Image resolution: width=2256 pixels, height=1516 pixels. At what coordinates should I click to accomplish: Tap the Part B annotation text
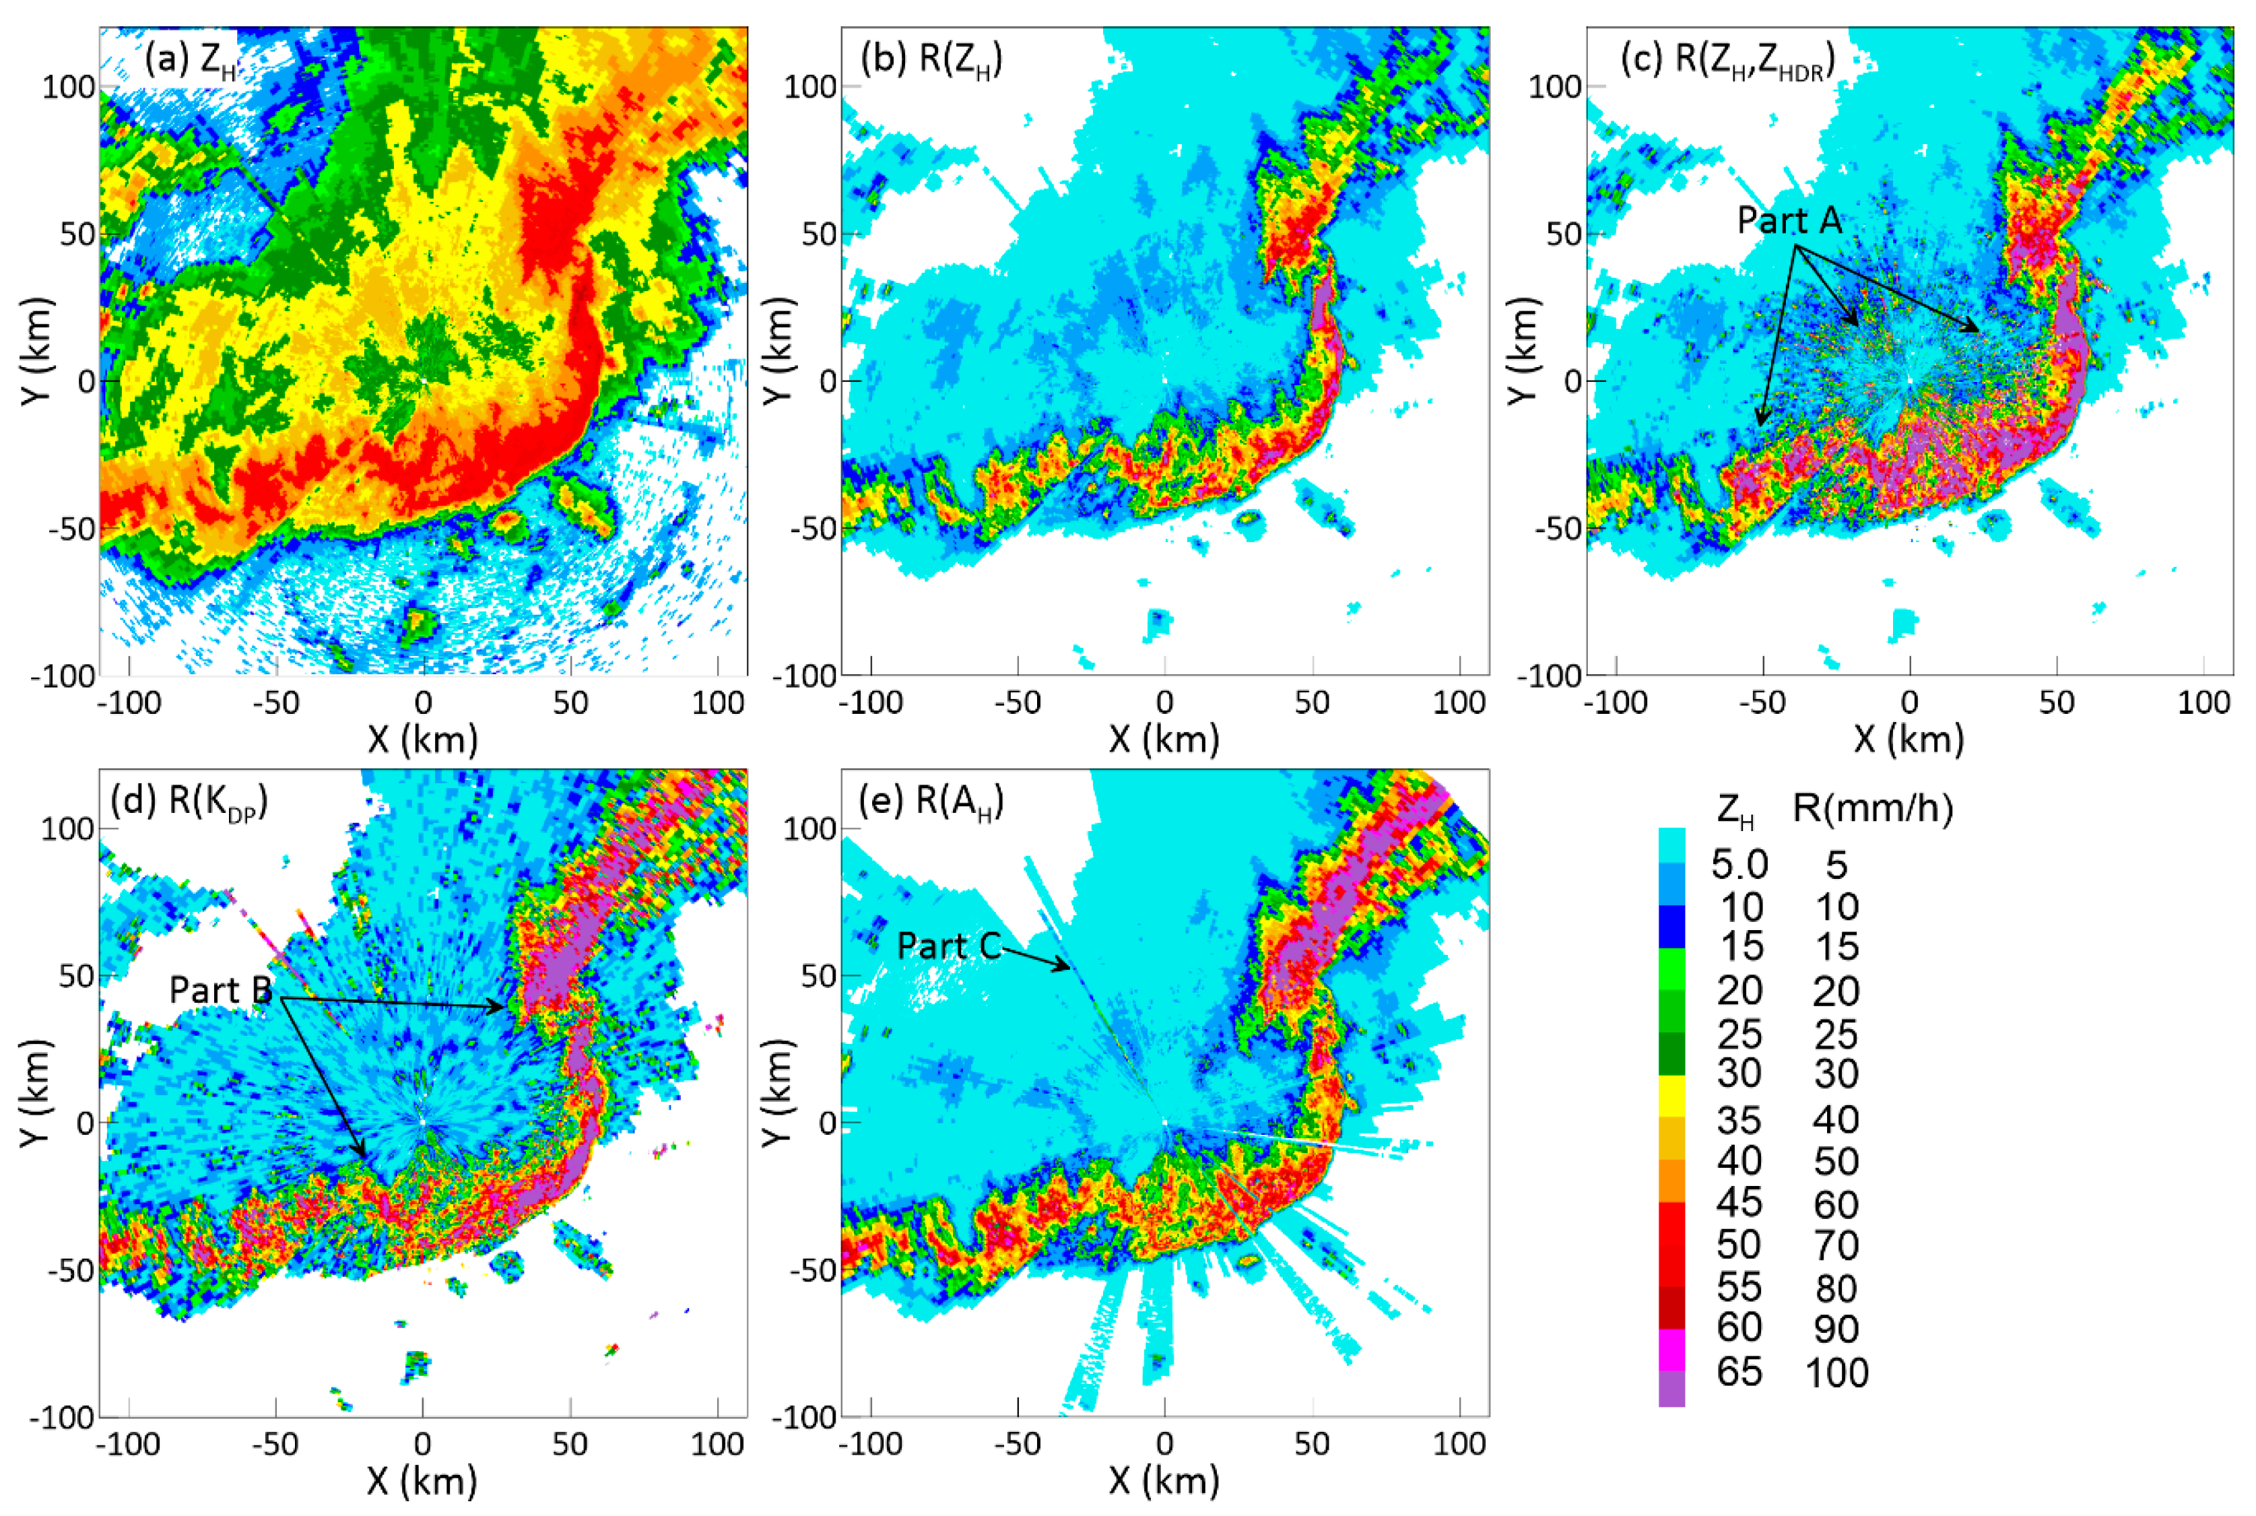(220, 990)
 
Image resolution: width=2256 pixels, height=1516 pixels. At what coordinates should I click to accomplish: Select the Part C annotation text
(948, 946)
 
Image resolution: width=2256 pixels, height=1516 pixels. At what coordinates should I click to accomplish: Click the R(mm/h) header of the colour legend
(1872, 808)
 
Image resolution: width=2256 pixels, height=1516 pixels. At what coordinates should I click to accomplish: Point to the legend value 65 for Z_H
(1739, 1372)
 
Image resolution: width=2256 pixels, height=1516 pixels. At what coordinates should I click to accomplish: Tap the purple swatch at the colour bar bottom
(1671, 1387)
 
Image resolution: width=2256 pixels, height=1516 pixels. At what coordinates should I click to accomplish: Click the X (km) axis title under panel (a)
(422, 739)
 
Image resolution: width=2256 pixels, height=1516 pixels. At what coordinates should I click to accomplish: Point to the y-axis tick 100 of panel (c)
(1554, 87)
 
